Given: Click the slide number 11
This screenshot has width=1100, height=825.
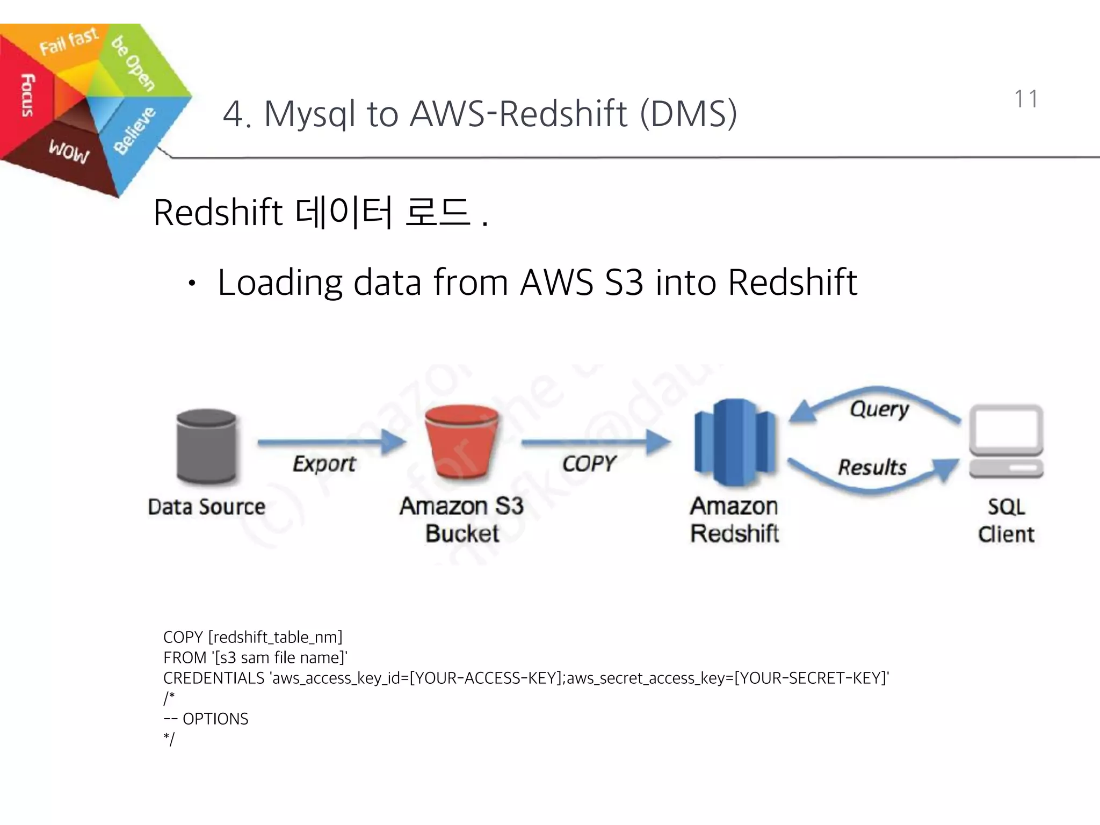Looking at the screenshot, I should coord(1026,99).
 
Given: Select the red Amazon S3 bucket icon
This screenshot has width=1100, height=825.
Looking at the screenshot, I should coord(462,442).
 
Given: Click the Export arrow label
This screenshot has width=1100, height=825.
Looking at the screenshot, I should coord(324,464).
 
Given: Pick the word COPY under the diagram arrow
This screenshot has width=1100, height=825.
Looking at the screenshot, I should coord(589,464).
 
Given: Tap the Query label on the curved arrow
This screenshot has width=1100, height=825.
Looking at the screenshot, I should coord(879,409).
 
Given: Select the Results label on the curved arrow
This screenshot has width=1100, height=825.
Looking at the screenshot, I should coord(872,467).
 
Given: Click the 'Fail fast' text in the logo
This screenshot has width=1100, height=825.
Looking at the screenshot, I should coord(69,41).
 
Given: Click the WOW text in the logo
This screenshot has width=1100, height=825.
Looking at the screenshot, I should coord(69,151).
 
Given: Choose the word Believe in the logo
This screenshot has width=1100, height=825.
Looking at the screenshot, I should coord(134,131).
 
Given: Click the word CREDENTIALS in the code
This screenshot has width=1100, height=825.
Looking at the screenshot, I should coord(214,678).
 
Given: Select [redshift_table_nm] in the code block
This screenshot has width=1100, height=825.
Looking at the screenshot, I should coord(275,638).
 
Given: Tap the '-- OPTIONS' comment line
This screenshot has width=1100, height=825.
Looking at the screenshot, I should coord(206,719).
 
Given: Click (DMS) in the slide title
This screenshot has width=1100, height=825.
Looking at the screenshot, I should coord(689,114).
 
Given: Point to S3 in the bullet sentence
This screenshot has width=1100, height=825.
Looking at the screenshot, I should coord(624,283).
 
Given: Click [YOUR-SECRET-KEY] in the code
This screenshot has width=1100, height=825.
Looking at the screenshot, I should coord(809,678).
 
